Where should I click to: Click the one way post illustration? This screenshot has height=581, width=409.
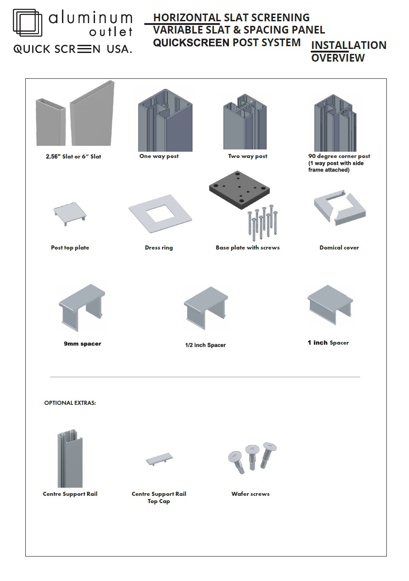pyautogui.click(x=165, y=120)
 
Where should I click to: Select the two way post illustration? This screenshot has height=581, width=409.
pyautogui.click(x=245, y=122)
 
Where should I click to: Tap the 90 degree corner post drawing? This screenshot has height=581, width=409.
pyautogui.click(x=335, y=123)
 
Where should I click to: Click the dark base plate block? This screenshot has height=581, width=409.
pyautogui.click(x=239, y=190)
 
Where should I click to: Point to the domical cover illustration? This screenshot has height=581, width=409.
pyautogui.click(x=340, y=207)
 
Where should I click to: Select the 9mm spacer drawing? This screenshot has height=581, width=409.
pyautogui.click(x=82, y=307)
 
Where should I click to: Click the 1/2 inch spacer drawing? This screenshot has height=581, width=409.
pyautogui.click(x=206, y=308)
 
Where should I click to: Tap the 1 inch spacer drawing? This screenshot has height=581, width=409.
pyautogui.click(x=330, y=305)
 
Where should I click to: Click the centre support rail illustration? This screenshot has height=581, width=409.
pyautogui.click(x=70, y=458)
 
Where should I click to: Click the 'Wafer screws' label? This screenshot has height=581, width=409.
pyautogui.click(x=250, y=494)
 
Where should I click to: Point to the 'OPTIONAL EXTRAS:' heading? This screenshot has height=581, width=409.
pyautogui.click(x=70, y=403)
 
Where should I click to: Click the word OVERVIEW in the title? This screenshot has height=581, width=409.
pyautogui.click(x=338, y=58)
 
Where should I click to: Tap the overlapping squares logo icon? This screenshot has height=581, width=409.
pyautogui.click(x=28, y=23)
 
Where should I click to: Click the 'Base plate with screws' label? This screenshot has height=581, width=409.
pyautogui.click(x=247, y=247)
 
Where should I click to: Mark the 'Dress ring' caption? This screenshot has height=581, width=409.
pyautogui.click(x=159, y=248)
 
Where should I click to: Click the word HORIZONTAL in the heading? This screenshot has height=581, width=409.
pyautogui.click(x=187, y=18)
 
